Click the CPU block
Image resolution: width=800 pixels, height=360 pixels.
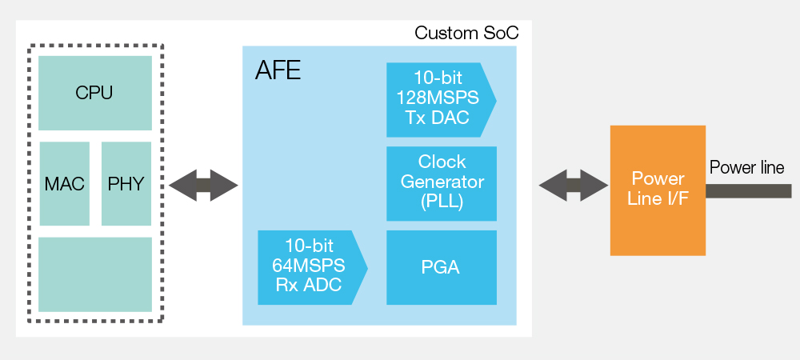pos(95,93)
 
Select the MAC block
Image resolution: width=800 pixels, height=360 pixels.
pos(64,183)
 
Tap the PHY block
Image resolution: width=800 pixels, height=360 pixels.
pos(126,183)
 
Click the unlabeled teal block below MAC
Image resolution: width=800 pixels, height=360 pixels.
pos(95,274)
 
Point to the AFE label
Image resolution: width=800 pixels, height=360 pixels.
pos(278,70)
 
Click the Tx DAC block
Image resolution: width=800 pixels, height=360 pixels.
pos(441,100)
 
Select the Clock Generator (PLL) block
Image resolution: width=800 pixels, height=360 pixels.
pos(442,183)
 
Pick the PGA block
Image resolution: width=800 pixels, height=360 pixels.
pos(442,268)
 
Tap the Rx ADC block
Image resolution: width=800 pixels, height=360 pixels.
pos(312,268)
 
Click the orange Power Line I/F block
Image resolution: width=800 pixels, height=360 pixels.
pos(658,190)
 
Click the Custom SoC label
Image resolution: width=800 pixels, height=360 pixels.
pos(466,33)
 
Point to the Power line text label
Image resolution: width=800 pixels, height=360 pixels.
pos(747,167)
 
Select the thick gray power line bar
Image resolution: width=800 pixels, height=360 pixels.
pos(749,191)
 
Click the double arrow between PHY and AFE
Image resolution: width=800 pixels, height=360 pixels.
pos(203,185)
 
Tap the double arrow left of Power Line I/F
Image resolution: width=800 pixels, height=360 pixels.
pos(574,185)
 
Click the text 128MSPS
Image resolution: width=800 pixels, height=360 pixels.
pos(438,98)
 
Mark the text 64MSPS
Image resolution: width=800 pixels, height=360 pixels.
pos(308,265)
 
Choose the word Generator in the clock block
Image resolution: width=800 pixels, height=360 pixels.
pos(442,182)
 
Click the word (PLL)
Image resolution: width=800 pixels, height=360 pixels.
pos(442,202)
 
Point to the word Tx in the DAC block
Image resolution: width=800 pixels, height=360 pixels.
pos(415,118)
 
